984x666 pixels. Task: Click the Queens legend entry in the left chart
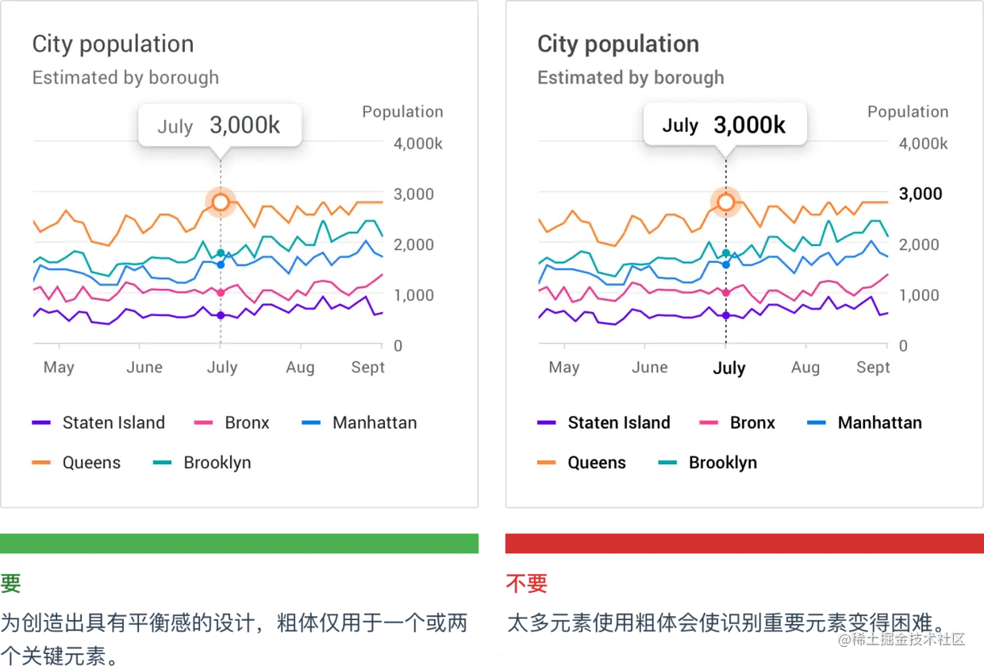click(91, 463)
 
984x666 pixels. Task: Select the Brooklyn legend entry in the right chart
click(722, 463)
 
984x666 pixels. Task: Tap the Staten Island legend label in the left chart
click(113, 422)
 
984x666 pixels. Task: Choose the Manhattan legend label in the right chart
click(879, 422)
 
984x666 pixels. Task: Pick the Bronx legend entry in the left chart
click(247, 422)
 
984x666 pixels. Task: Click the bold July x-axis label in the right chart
click(728, 368)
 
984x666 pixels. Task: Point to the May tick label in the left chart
click(59, 368)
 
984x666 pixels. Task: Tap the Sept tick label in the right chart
click(873, 368)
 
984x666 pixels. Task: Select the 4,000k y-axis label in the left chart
click(418, 144)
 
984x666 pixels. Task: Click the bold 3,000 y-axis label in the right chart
click(921, 194)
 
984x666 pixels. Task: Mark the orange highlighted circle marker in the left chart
click(221, 202)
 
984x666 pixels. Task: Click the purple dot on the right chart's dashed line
click(725, 315)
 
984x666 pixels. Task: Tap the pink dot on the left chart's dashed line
click(221, 293)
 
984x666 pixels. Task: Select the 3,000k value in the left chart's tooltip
click(244, 125)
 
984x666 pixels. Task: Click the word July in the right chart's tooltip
click(680, 125)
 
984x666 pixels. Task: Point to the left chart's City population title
click(113, 44)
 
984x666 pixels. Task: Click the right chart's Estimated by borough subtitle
click(630, 78)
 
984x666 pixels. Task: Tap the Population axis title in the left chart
click(402, 112)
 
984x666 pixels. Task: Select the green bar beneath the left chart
click(240, 543)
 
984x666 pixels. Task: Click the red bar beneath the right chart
click(743, 543)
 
